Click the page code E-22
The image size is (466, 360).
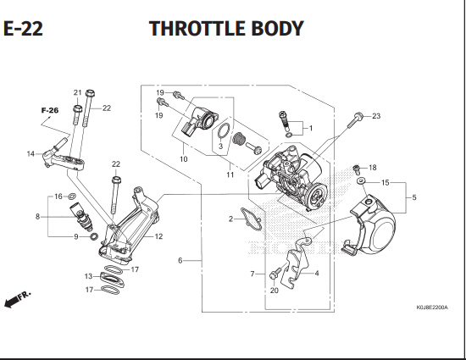pyautogui.click(x=23, y=29)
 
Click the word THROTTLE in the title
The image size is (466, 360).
pyautogui.click(x=197, y=29)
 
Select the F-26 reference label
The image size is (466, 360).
pyautogui.click(x=50, y=110)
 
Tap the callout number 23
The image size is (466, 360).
pyautogui.click(x=376, y=116)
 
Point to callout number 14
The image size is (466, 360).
pyautogui.click(x=31, y=154)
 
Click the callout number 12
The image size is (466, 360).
pyautogui.click(x=159, y=236)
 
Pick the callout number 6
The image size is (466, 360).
pyautogui.click(x=180, y=261)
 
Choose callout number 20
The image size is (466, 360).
pyautogui.click(x=274, y=291)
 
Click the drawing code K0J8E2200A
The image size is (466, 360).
pyautogui.click(x=432, y=307)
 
